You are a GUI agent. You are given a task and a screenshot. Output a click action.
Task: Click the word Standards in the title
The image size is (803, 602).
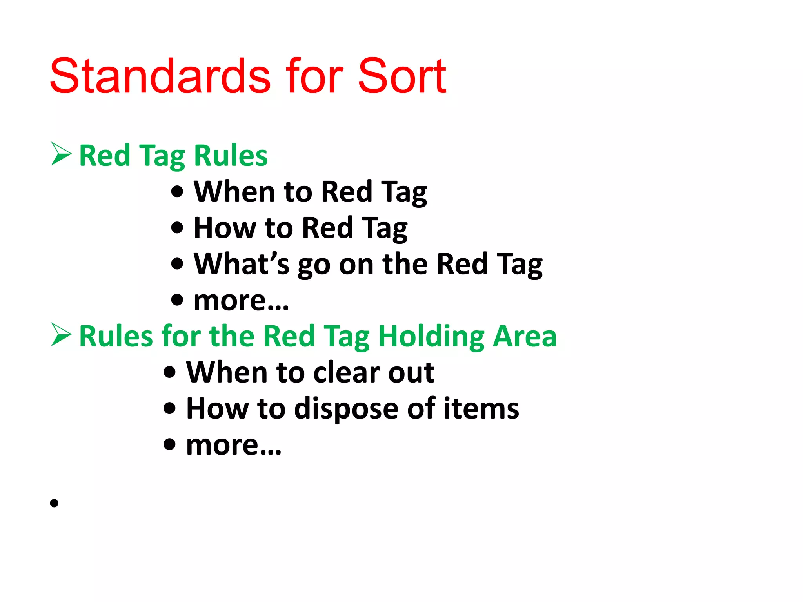coord(160,76)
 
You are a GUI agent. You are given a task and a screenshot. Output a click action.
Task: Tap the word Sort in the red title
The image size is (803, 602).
coord(401,76)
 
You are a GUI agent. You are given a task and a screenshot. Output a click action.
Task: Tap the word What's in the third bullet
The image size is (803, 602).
coord(242,264)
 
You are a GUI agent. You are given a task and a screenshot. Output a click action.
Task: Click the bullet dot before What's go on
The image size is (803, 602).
coord(177,264)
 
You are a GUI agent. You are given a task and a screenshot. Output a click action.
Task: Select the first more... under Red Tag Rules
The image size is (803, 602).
coord(241,301)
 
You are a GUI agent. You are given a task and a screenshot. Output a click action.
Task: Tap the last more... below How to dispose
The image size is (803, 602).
coord(234,445)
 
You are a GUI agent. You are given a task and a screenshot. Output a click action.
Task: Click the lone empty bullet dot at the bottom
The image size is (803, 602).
coord(54,503)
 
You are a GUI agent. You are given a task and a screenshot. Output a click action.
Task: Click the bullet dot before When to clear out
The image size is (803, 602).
coord(169,372)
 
